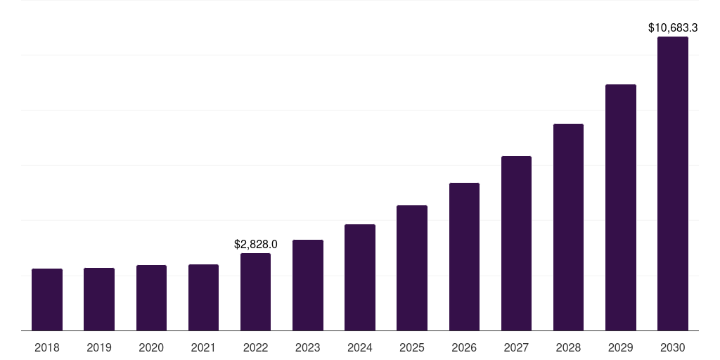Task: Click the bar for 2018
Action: (x=47, y=300)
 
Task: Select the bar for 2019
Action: (x=99, y=299)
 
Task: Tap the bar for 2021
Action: (x=203, y=297)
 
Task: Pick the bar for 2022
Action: (x=255, y=292)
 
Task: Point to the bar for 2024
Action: (x=360, y=277)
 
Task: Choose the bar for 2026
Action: (x=464, y=257)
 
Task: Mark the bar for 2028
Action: (x=568, y=227)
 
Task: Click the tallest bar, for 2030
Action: (x=673, y=184)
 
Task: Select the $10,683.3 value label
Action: (x=673, y=28)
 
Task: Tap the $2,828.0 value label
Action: (x=256, y=245)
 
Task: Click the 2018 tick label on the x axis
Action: (x=47, y=347)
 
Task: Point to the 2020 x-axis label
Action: (x=151, y=347)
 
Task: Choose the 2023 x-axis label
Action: (x=308, y=347)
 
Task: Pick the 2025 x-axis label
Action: (x=412, y=347)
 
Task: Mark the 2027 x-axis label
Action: (x=516, y=347)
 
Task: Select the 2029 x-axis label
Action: (x=620, y=347)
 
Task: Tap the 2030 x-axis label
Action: (x=673, y=347)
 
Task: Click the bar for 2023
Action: (x=308, y=285)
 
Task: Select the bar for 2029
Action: (x=620, y=207)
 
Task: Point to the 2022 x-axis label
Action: (x=255, y=347)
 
